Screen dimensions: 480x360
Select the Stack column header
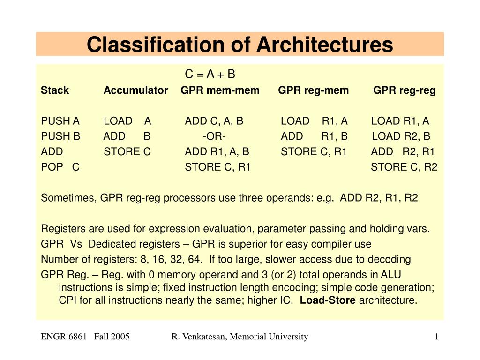(x=55, y=90)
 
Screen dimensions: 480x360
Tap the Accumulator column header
(x=135, y=90)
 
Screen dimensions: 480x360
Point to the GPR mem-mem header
(x=220, y=90)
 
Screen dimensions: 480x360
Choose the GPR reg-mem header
(x=314, y=90)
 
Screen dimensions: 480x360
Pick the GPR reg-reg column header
(x=405, y=90)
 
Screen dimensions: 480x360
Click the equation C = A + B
(x=210, y=74)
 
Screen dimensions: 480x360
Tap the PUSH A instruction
(x=60, y=121)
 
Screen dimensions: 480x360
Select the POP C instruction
(x=60, y=167)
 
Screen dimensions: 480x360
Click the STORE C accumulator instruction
(x=127, y=151)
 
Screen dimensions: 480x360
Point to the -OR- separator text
(x=214, y=136)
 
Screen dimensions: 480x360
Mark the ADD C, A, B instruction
(x=214, y=121)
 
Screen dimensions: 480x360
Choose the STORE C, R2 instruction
(x=404, y=167)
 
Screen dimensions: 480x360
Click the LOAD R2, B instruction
(x=401, y=136)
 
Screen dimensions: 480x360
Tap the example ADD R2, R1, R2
(x=379, y=198)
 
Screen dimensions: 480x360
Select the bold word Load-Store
(x=328, y=300)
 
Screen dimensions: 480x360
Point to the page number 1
(x=436, y=337)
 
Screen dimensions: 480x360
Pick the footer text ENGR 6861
(x=64, y=337)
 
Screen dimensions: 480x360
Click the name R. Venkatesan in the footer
(x=198, y=337)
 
